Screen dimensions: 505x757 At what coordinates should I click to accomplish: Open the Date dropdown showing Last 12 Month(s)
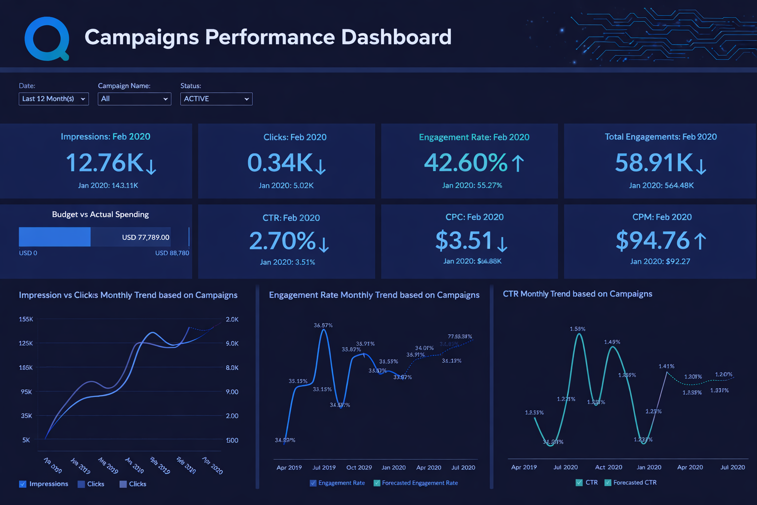pos(54,99)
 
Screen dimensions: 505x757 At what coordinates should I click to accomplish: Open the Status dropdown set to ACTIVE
pos(216,99)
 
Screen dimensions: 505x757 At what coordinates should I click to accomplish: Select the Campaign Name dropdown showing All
pos(134,99)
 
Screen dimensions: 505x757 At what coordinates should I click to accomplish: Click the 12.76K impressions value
pos(104,163)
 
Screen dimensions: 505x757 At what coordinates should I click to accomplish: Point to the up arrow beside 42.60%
pos(517,163)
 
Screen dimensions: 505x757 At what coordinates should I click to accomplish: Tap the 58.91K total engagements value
pos(654,163)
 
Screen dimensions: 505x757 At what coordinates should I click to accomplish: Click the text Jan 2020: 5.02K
pos(286,185)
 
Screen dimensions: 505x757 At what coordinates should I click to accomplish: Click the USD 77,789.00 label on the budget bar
pos(145,237)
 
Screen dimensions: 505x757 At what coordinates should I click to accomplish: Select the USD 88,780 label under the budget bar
pos(172,253)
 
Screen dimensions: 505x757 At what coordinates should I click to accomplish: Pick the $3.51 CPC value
pos(464,241)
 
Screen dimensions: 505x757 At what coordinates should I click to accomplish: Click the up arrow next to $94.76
pos(700,241)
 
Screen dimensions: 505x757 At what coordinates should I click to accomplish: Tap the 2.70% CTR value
pos(282,241)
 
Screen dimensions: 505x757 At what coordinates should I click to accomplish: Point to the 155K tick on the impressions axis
pos(26,319)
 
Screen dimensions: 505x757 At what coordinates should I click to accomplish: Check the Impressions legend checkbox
pos(23,484)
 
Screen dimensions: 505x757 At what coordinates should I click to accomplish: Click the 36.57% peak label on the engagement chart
pos(323,325)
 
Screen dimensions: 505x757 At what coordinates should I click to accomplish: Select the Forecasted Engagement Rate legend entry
pos(419,483)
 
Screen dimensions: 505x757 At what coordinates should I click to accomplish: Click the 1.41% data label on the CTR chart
pos(666,366)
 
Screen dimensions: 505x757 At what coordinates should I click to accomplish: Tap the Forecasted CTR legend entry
pos(634,482)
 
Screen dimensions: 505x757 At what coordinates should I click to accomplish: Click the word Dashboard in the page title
pos(396,37)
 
